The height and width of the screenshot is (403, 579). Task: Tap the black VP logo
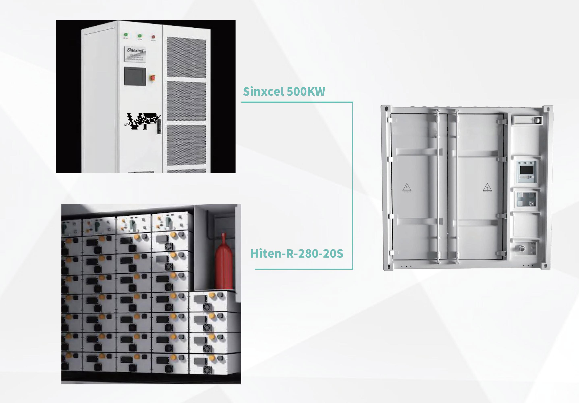[142, 121]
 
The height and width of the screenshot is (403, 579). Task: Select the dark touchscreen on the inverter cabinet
[135, 76]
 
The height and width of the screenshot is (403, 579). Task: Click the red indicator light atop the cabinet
[153, 37]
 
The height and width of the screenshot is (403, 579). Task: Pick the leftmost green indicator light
[126, 35]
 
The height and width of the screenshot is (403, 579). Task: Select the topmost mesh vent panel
[186, 57]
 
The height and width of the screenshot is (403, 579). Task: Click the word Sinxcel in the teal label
[263, 91]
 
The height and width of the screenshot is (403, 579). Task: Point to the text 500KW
[306, 91]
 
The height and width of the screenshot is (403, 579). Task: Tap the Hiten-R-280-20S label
[297, 254]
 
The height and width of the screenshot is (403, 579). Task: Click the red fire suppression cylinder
[223, 263]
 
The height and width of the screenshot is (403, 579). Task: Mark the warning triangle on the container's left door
[407, 188]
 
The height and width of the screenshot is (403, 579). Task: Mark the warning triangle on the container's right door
[487, 187]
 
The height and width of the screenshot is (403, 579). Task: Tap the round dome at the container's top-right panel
[537, 120]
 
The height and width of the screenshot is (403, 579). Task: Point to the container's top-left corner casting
[386, 109]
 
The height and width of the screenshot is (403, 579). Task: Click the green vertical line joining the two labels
[353, 186]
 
